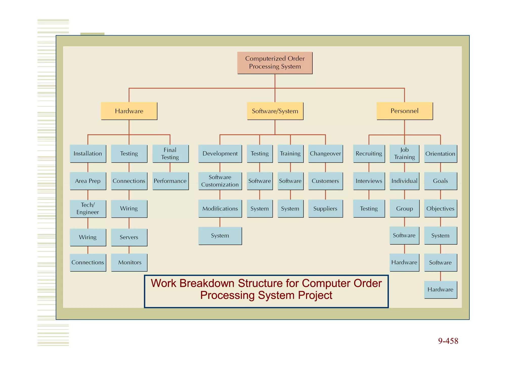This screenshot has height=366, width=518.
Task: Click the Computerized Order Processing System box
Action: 275,63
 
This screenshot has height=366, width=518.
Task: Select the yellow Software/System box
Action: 275,111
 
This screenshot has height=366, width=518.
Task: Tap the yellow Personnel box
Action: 404,111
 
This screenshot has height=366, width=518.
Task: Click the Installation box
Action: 88,154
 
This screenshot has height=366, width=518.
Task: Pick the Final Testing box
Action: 170,154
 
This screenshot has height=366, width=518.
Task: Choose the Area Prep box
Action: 88,181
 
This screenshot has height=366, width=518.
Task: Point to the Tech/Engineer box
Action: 88,208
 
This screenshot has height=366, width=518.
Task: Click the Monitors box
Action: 129,262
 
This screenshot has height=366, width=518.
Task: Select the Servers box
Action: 129,237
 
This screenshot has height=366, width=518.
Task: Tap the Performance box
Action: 170,181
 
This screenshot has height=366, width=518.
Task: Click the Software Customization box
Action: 220,181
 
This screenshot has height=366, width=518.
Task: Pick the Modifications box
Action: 220,208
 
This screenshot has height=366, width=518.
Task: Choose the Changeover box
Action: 325,154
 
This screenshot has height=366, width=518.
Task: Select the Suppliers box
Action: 325,208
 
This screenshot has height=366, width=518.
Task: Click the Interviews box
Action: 369,181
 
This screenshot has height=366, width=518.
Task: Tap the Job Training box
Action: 404,154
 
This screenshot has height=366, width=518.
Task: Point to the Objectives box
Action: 440,208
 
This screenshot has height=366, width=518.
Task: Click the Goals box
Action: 440,181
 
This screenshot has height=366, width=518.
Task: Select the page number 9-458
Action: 448,341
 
